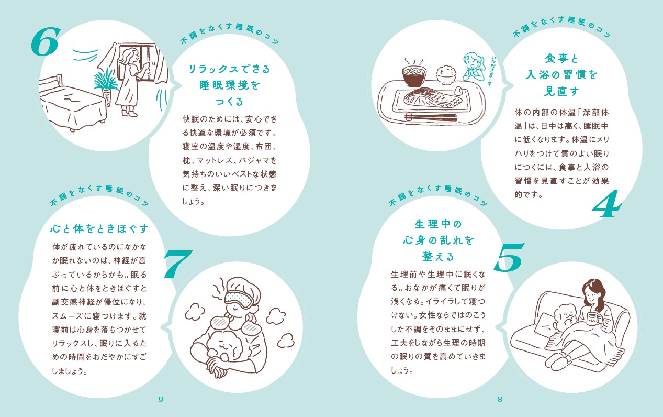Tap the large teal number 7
pyautogui.click(x=177, y=265)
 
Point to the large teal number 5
pyautogui.click(x=509, y=257)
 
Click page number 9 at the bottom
pyautogui.click(x=161, y=399)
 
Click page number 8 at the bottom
pyautogui.click(x=500, y=399)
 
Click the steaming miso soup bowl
pyautogui.click(x=414, y=73)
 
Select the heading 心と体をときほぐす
pyautogui.click(x=99, y=229)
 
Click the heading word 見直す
pyautogui.click(x=561, y=91)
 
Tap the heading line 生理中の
pyautogui.click(x=438, y=224)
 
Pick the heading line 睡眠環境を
pyautogui.click(x=230, y=85)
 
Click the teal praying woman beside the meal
pyautogui.click(x=474, y=67)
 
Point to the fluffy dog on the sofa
pyautogui.click(x=564, y=317)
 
